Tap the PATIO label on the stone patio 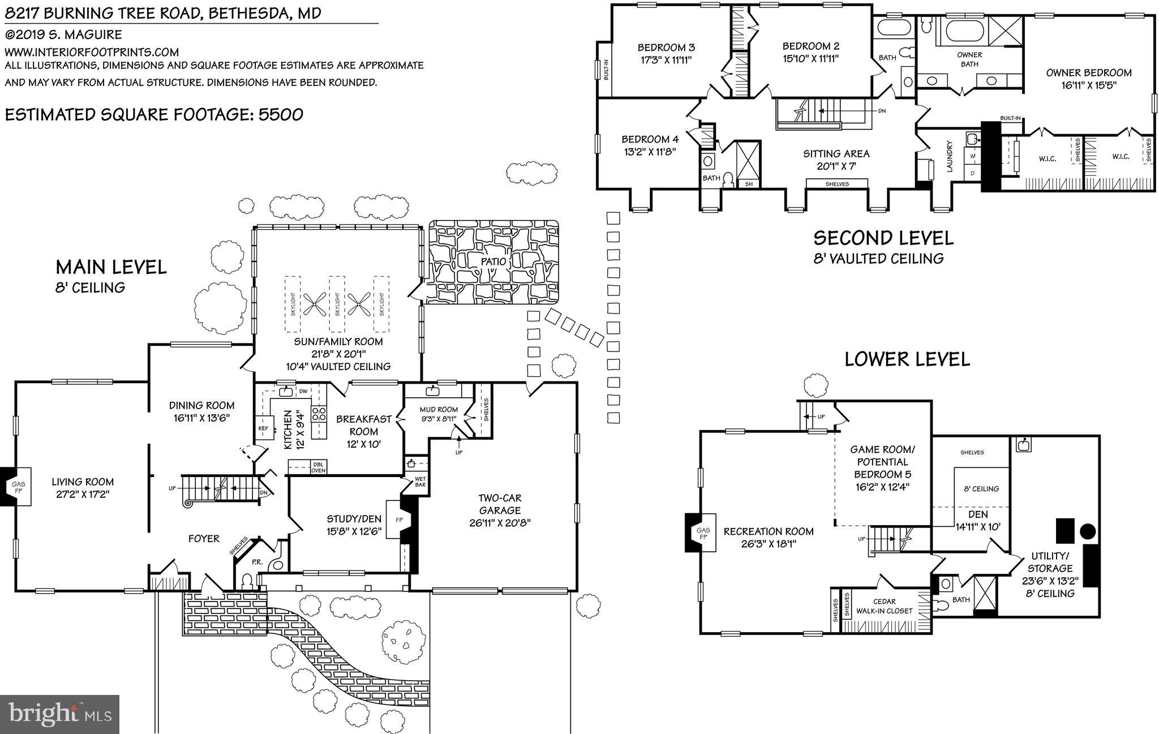tap(492, 262)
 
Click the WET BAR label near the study tap(420, 482)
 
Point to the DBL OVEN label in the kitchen tap(318, 467)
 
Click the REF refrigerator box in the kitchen tap(263, 428)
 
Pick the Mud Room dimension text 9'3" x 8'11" tap(438, 419)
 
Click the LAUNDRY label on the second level tap(950, 156)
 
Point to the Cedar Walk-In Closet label tap(884, 606)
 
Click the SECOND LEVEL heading tap(883, 238)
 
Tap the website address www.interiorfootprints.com tap(92, 52)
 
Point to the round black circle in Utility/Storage tap(1087, 531)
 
